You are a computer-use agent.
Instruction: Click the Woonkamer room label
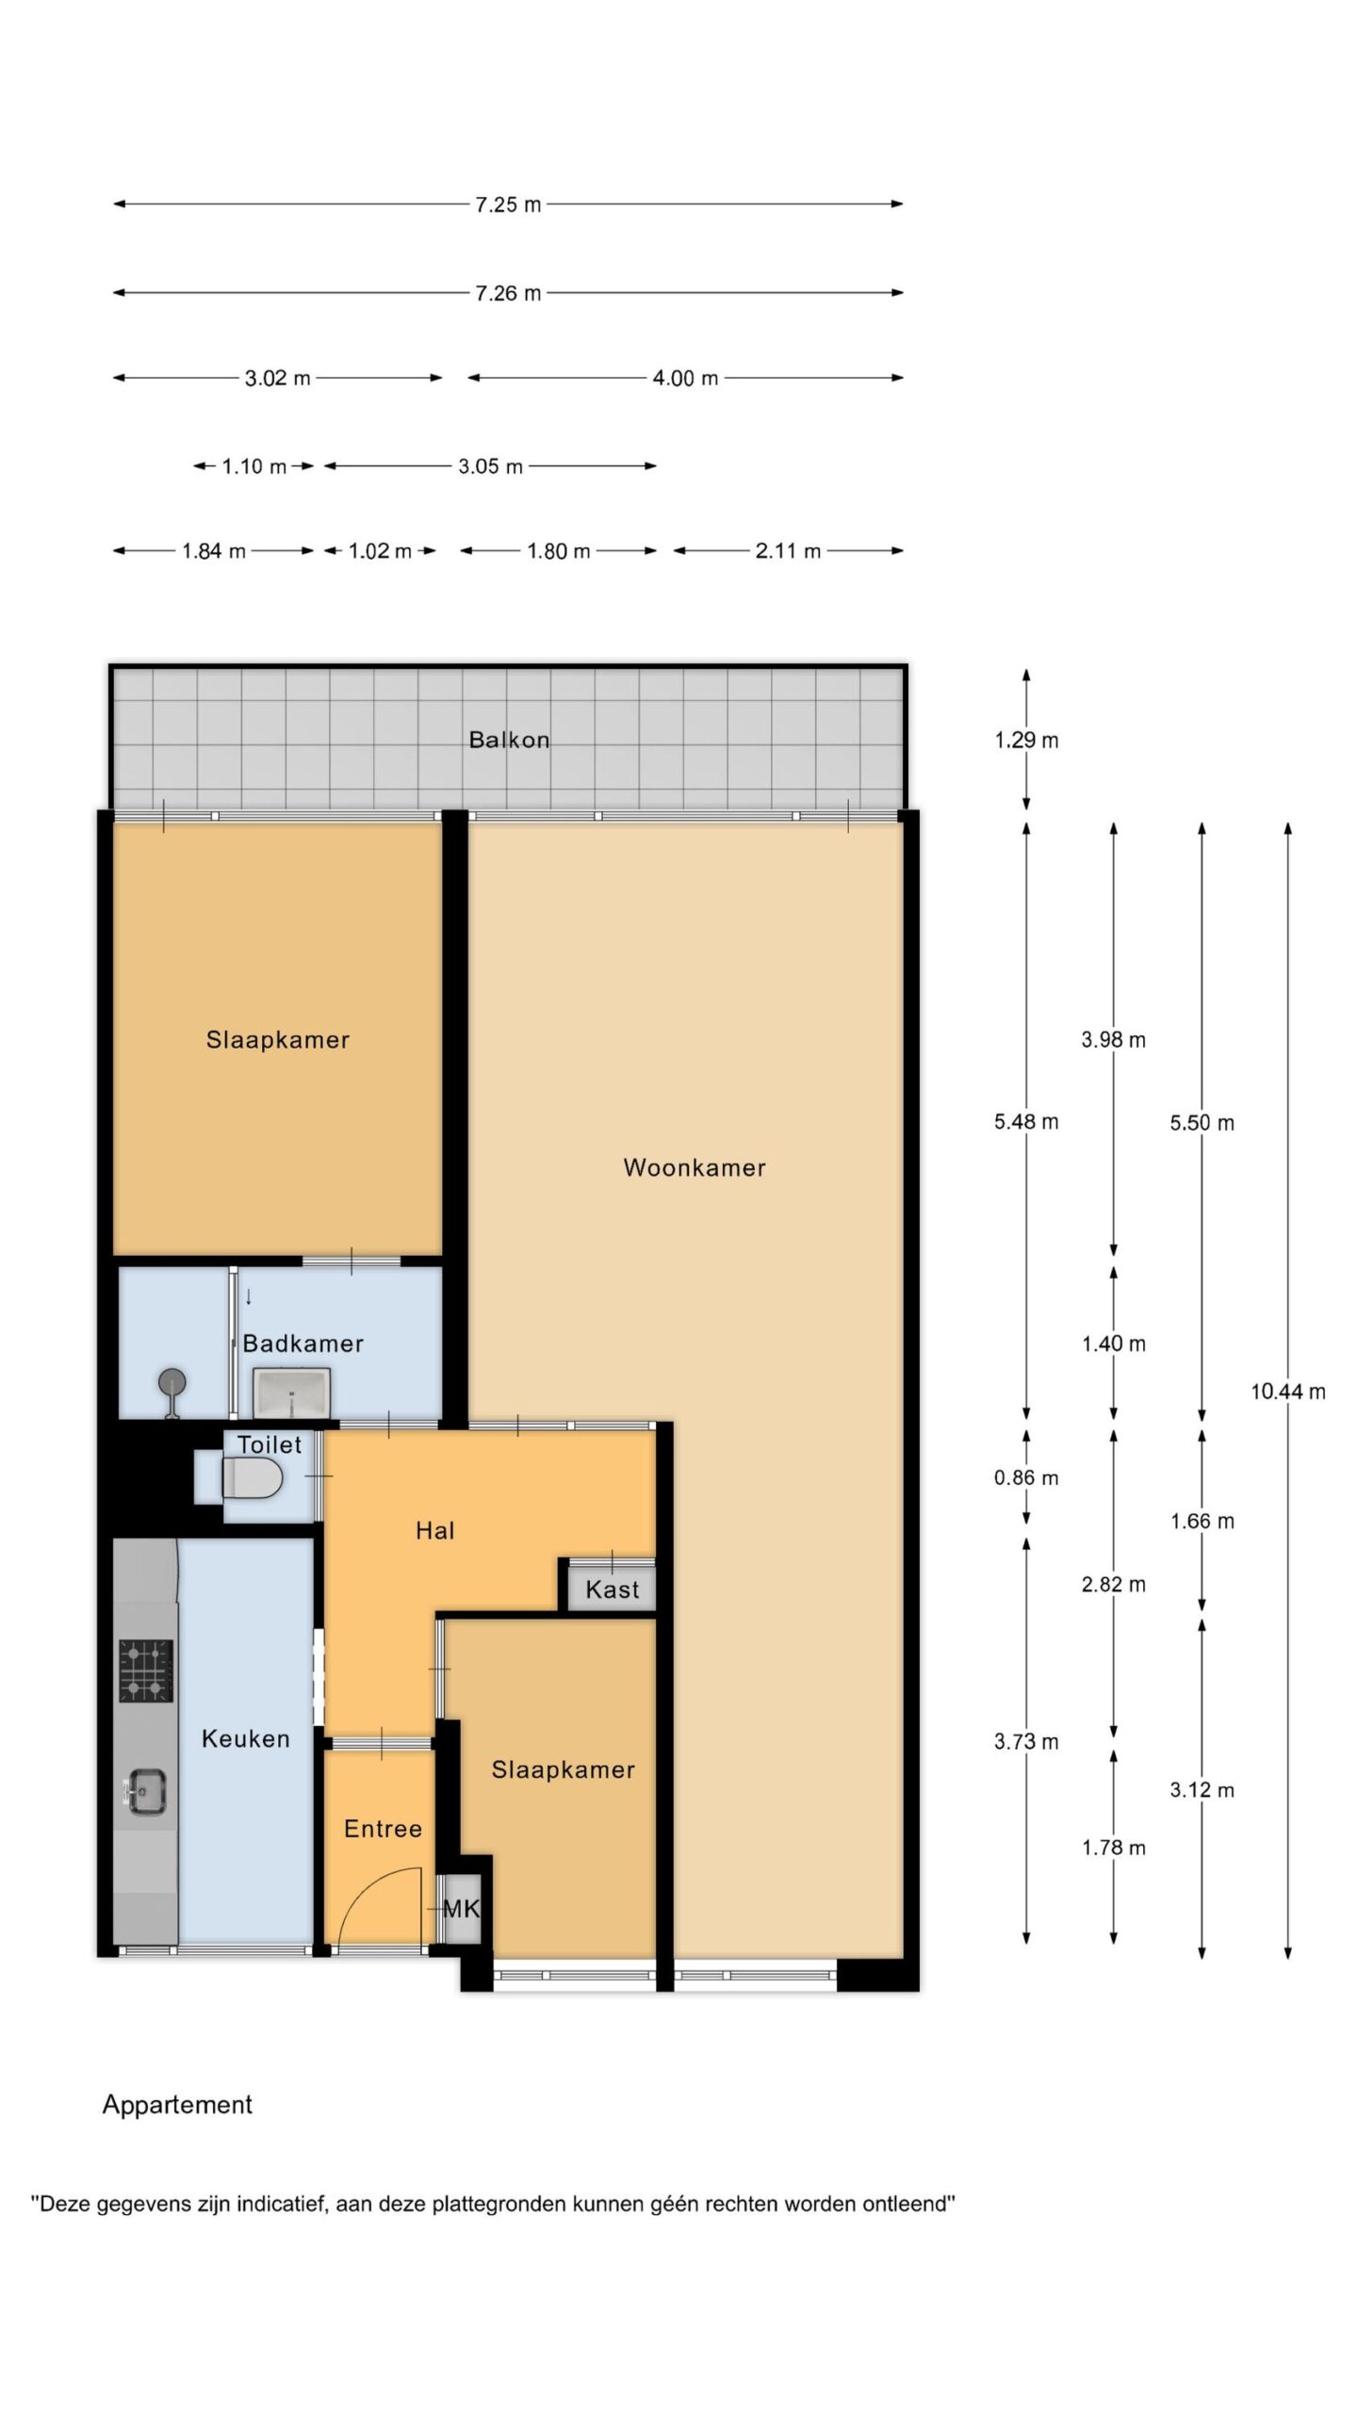point(695,1168)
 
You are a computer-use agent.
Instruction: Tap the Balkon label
point(509,740)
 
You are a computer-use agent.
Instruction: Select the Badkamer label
point(303,1344)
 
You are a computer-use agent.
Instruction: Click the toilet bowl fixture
point(253,1478)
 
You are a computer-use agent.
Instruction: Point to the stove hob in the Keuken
point(146,1670)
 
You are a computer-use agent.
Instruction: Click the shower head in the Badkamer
point(172,1384)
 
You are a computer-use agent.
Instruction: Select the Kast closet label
point(613,1589)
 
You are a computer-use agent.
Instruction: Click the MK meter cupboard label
point(462,1909)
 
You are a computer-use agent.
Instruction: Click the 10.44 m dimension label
point(1287,1391)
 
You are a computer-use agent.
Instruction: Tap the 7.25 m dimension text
point(509,204)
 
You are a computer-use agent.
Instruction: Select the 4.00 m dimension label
point(685,378)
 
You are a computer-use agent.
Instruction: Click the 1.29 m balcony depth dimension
point(1026,741)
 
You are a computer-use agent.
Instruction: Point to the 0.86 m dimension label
point(1026,1477)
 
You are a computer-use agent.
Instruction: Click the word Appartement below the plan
point(178,2105)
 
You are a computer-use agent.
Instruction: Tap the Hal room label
point(435,1531)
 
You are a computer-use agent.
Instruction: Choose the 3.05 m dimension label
point(490,466)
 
